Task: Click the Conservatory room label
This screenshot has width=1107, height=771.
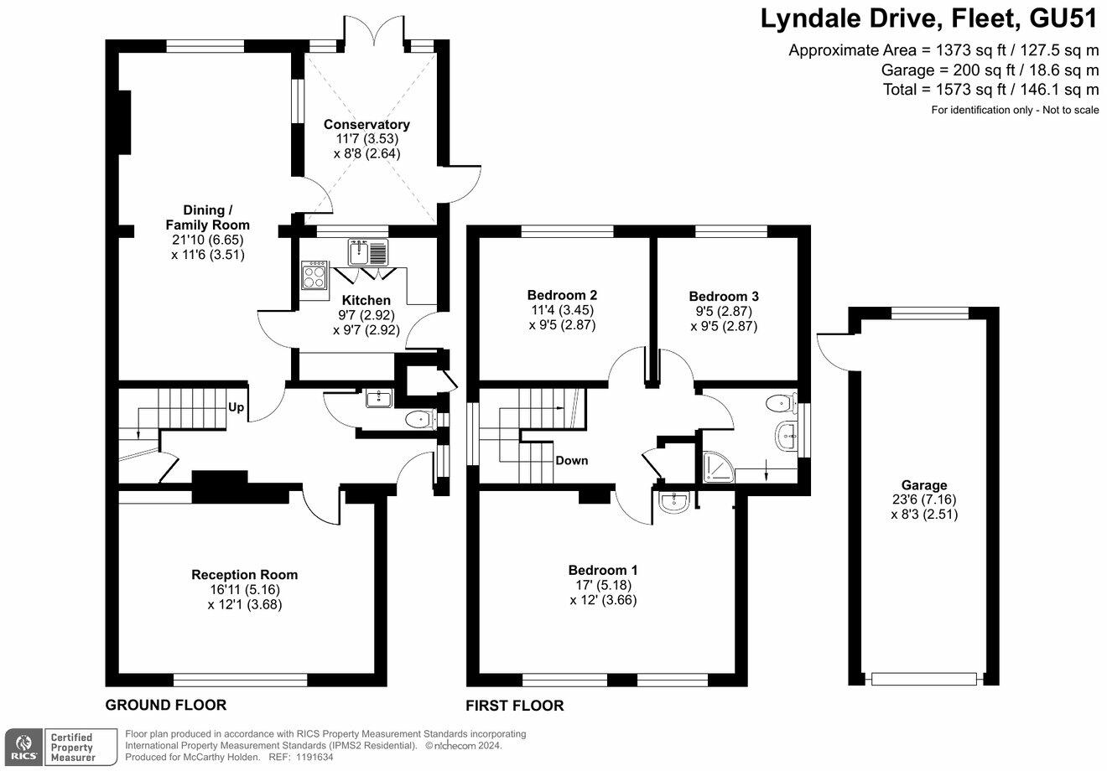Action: [367, 125]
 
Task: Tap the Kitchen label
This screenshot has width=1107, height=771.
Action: [366, 300]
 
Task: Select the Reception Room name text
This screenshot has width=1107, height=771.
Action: [245, 575]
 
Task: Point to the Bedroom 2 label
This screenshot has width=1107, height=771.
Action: [562, 295]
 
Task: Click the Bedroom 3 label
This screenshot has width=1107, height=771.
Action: [724, 296]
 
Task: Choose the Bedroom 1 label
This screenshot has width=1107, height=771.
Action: [603, 570]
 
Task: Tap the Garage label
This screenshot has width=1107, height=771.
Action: [924, 485]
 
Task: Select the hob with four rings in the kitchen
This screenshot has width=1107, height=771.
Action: [315, 276]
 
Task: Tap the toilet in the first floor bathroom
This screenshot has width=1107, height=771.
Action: [780, 404]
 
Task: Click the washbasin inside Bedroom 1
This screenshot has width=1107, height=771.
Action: [673, 502]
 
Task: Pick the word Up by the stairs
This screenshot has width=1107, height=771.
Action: [236, 407]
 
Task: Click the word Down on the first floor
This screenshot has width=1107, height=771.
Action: [572, 460]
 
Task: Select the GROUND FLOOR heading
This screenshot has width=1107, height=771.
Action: [166, 705]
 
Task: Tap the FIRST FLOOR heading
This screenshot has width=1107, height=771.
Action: [515, 706]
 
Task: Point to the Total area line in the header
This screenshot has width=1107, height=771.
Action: [990, 90]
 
